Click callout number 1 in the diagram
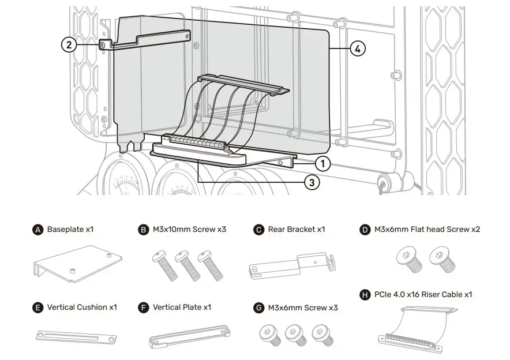point(323,164)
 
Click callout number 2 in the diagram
point(69,44)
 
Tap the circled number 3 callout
point(311,183)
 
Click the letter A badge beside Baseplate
point(38,230)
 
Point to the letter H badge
point(365,295)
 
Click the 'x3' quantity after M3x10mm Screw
point(221,230)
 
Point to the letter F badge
point(144,307)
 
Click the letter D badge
point(365,230)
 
